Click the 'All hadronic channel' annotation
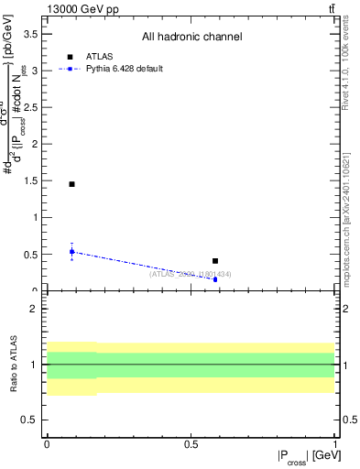coord(191,38)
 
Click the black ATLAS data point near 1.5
coord(71,184)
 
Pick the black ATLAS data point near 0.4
coord(215,261)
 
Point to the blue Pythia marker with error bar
coord(71,251)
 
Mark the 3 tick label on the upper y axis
coord(36,71)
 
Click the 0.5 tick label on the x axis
coord(191,444)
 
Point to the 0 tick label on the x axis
coord(47,444)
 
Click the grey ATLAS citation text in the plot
coord(190,274)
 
